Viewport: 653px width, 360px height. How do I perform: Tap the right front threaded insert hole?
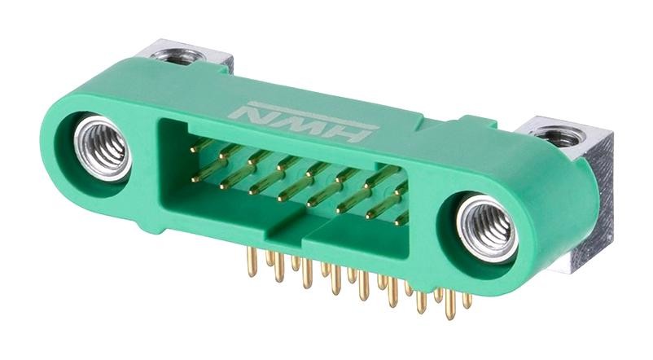pyautogui.click(x=487, y=230)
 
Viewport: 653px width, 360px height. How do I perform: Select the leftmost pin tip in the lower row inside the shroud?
pyautogui.click(x=196, y=177)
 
